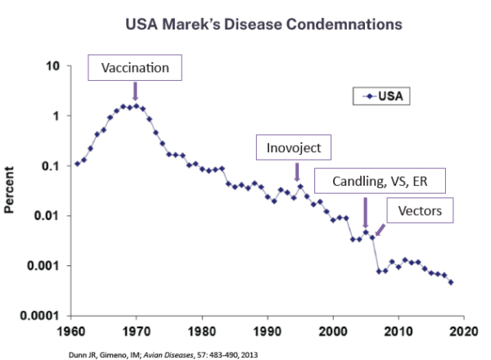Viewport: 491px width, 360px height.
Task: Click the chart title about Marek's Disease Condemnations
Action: (264, 25)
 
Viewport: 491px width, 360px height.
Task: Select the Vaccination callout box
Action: (134, 68)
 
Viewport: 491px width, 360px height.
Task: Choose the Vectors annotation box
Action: (420, 211)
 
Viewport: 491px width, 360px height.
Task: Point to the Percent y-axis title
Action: (11, 192)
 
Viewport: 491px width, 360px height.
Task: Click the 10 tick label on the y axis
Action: (56, 65)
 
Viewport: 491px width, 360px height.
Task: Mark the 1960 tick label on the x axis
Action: (71, 332)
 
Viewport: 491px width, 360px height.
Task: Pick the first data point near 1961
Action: (77, 164)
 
